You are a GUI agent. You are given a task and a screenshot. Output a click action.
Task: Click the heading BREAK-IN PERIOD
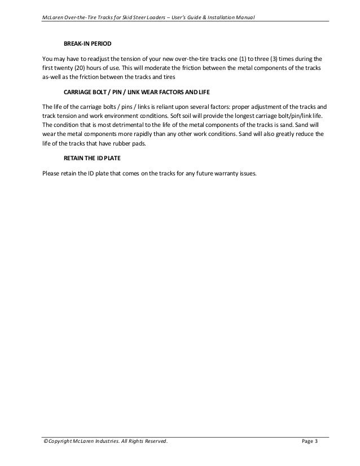(x=87, y=43)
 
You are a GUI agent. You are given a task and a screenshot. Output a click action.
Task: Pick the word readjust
(x=90, y=58)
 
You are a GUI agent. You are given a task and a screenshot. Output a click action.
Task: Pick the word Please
(x=52, y=173)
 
